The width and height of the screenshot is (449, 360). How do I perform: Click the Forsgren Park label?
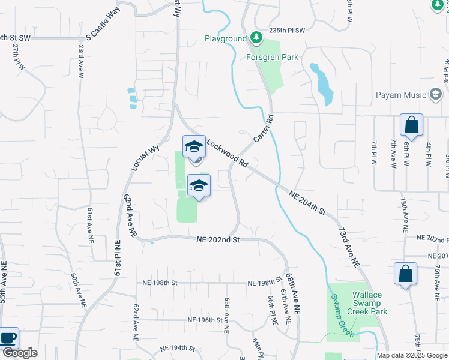[x=272, y=58]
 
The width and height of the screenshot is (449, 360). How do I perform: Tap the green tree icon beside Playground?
[x=256, y=38]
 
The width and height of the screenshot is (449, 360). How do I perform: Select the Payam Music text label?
[x=402, y=95]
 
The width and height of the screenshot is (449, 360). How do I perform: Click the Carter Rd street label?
[x=264, y=128]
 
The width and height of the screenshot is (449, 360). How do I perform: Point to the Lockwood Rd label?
[x=228, y=154]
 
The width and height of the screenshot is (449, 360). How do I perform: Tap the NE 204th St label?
[x=307, y=203]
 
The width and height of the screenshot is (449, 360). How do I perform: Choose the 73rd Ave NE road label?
[x=348, y=247]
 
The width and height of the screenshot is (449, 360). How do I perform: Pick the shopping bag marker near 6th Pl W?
[x=411, y=125]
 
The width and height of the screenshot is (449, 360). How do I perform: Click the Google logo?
[x=20, y=353]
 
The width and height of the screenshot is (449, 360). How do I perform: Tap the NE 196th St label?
[x=205, y=320]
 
